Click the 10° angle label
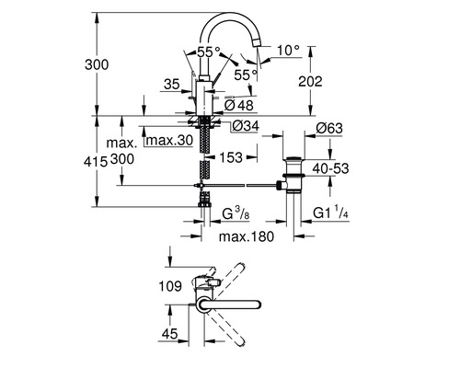pos(292,49)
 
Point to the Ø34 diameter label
pos(232,126)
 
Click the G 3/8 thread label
pos(236,214)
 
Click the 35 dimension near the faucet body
pos(169,83)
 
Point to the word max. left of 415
pos(121,143)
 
